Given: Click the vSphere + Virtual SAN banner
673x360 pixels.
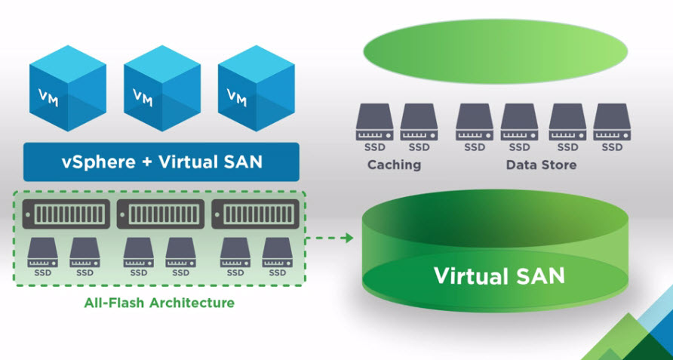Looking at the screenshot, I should coord(161,162).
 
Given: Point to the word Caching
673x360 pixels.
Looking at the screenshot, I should coord(393,164).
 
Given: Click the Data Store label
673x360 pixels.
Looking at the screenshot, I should coord(541,164).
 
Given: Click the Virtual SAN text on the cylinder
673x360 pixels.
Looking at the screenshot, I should coord(499,275).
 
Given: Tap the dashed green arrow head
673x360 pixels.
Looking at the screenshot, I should coord(349,238).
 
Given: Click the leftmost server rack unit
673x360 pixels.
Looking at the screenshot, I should coord(66,214).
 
